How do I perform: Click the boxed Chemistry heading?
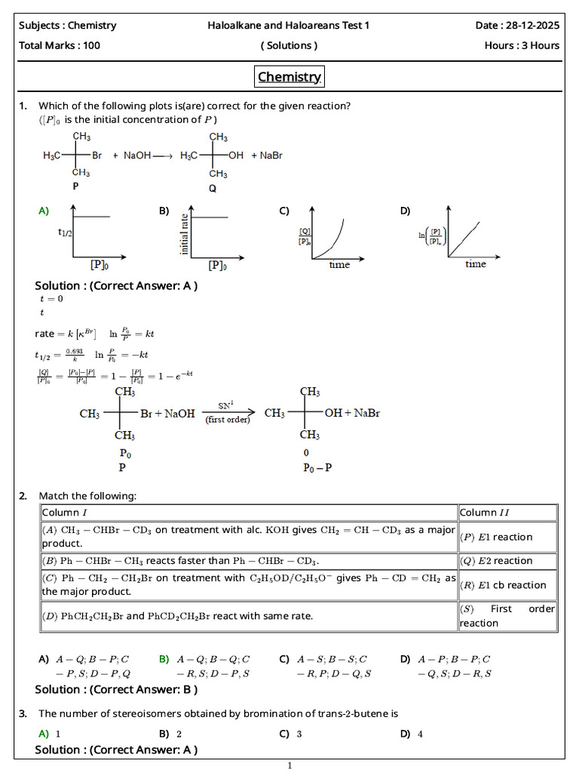[x=289, y=76]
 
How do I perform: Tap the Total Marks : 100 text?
[x=60, y=45]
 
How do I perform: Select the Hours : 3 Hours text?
[x=522, y=45]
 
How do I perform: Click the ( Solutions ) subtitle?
[x=289, y=45]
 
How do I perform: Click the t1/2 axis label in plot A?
[x=66, y=233]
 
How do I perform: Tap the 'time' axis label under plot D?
[x=475, y=264]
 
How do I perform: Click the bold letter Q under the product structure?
[x=213, y=189]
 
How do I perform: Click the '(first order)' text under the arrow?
[x=228, y=420]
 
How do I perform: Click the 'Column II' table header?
[x=484, y=513]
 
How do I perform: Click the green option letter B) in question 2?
[x=164, y=659]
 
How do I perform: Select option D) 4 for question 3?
[x=412, y=734]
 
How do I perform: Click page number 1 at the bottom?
[x=289, y=765]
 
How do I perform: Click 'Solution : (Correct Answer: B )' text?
[x=116, y=689]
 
